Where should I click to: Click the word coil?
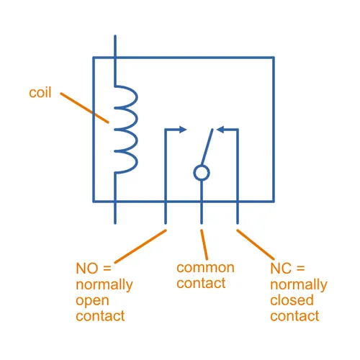tap(40, 92)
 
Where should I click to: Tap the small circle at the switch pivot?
tap(202, 173)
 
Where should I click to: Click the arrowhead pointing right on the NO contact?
tap(183, 130)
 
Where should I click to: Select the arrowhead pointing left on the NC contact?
tap(220, 130)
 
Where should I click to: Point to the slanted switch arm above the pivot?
tap(207, 147)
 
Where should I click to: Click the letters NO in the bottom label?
tap(87, 269)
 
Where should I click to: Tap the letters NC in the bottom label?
tap(281, 269)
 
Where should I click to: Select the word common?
tap(205, 268)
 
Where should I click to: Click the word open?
tap(92, 301)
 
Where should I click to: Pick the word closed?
tap(292, 300)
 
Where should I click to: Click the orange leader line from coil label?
tap(84, 108)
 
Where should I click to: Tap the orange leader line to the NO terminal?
tap(140, 246)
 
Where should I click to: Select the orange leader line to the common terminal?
tap(204, 245)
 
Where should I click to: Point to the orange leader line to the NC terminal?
tap(256, 245)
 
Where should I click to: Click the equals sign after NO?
tap(107, 269)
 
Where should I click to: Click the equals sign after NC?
tap(300, 269)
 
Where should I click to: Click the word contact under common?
tap(201, 284)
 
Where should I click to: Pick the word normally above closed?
tap(299, 285)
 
